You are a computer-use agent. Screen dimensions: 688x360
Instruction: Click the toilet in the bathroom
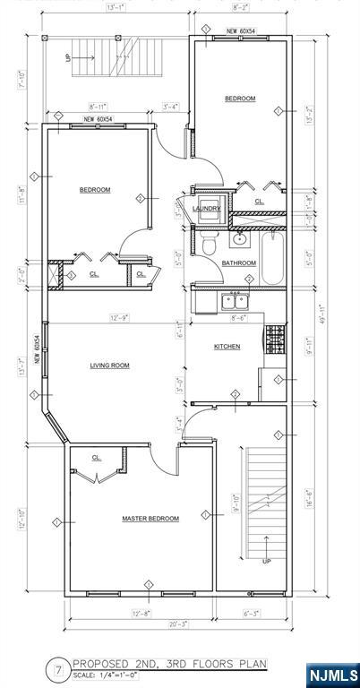pyautogui.click(x=208, y=245)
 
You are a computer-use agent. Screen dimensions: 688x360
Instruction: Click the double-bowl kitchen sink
pyautogui.click(x=236, y=299)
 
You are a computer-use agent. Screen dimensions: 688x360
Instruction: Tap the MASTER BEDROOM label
pyautogui.click(x=150, y=519)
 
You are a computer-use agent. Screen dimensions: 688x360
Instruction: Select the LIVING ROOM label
pyautogui.click(x=111, y=365)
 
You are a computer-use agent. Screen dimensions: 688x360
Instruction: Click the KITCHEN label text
pyautogui.click(x=227, y=347)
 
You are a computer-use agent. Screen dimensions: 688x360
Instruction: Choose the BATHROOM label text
pyautogui.click(x=239, y=263)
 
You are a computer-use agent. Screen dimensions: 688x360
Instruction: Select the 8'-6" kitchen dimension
pyautogui.click(x=240, y=317)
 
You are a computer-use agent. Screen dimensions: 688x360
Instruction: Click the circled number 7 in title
pyautogui.click(x=58, y=668)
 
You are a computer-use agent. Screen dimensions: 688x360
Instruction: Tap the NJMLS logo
pyautogui.click(x=332, y=674)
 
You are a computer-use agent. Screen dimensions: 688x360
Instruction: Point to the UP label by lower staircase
pyautogui.click(x=266, y=562)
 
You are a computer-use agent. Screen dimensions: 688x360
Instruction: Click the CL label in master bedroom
pyautogui.click(x=97, y=458)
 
